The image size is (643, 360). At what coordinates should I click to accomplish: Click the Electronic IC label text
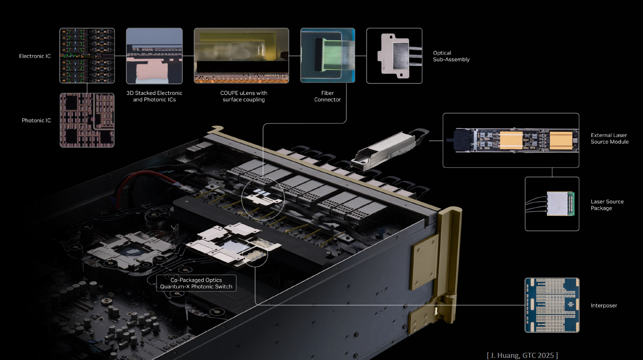[x=35, y=56]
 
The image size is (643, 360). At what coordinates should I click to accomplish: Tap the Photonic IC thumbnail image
[x=87, y=120]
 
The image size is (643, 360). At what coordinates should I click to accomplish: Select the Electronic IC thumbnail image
[x=87, y=56]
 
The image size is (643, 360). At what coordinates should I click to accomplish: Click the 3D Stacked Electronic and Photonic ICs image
[x=154, y=56]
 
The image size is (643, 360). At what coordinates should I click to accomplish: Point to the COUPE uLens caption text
[x=244, y=96]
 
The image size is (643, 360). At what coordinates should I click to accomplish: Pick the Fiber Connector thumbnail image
[x=327, y=55]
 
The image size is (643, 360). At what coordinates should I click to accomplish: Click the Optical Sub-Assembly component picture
[x=394, y=56]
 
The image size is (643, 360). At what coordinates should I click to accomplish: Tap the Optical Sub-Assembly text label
[x=451, y=56]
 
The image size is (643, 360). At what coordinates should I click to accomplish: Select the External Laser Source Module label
[x=609, y=138]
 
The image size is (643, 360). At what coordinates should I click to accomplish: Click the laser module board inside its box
[x=515, y=140]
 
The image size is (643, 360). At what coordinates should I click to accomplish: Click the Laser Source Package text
[x=607, y=205]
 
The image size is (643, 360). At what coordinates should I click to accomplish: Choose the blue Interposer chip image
[x=552, y=305]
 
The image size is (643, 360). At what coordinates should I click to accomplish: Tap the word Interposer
[x=603, y=306]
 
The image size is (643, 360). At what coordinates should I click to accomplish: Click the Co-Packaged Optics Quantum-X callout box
[x=196, y=283]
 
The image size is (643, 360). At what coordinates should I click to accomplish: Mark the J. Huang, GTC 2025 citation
[x=522, y=355]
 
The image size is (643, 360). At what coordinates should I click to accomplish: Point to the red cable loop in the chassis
[x=141, y=179]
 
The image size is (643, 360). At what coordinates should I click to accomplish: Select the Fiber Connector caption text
[x=327, y=96]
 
